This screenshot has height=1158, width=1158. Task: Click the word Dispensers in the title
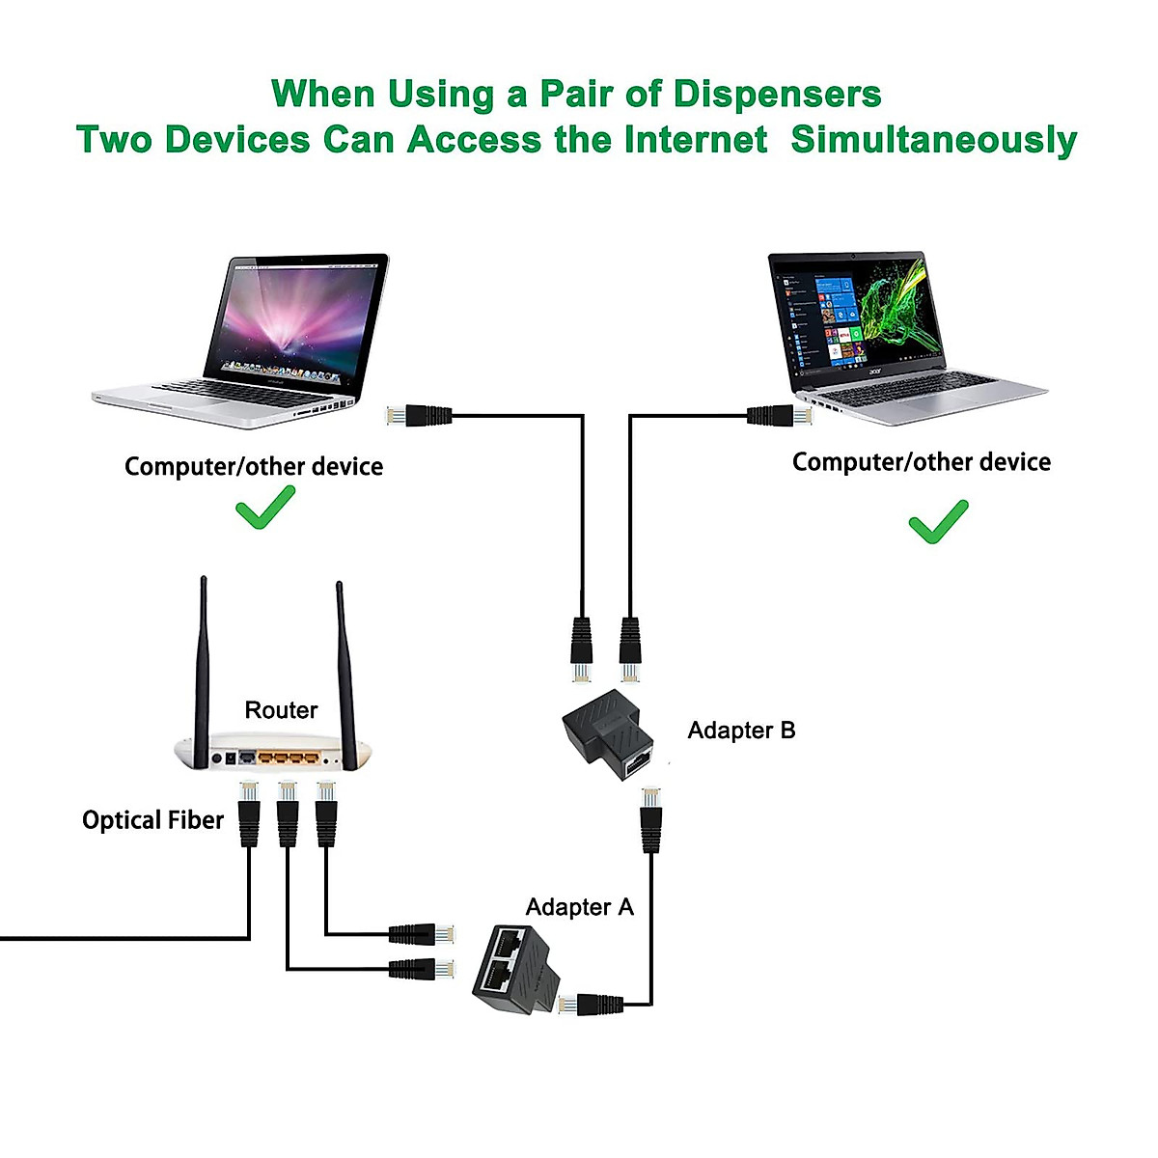tap(777, 95)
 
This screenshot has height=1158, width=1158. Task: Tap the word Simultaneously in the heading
tap(933, 140)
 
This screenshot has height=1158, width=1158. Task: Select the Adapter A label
tap(579, 907)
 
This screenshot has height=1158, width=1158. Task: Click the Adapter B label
tap(741, 731)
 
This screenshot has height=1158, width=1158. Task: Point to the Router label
tap(281, 710)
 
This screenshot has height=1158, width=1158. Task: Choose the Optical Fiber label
tap(152, 820)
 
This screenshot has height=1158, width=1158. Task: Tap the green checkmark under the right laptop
tap(938, 522)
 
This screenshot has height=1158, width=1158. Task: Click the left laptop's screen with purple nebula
tap(294, 318)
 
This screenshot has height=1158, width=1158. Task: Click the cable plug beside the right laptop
tap(779, 417)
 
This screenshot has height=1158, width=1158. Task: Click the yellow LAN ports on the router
tap(287, 758)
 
